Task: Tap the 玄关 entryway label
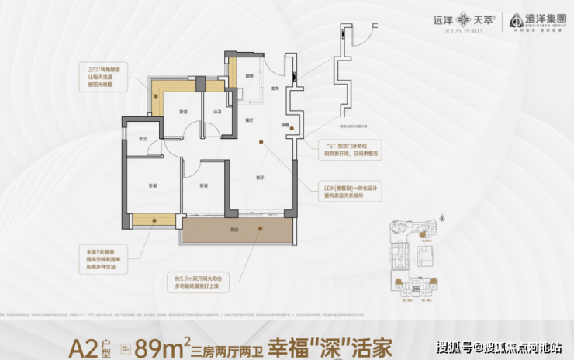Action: pyautogui.click(x=274, y=88)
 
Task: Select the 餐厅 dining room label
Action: pyautogui.click(x=250, y=121)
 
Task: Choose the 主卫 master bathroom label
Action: pyautogui.click(x=142, y=138)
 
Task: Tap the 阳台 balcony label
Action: pyautogui.click(x=235, y=230)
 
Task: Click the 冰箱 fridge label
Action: pyautogui.click(x=285, y=125)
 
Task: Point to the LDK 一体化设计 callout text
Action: pyautogui.click(x=353, y=191)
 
